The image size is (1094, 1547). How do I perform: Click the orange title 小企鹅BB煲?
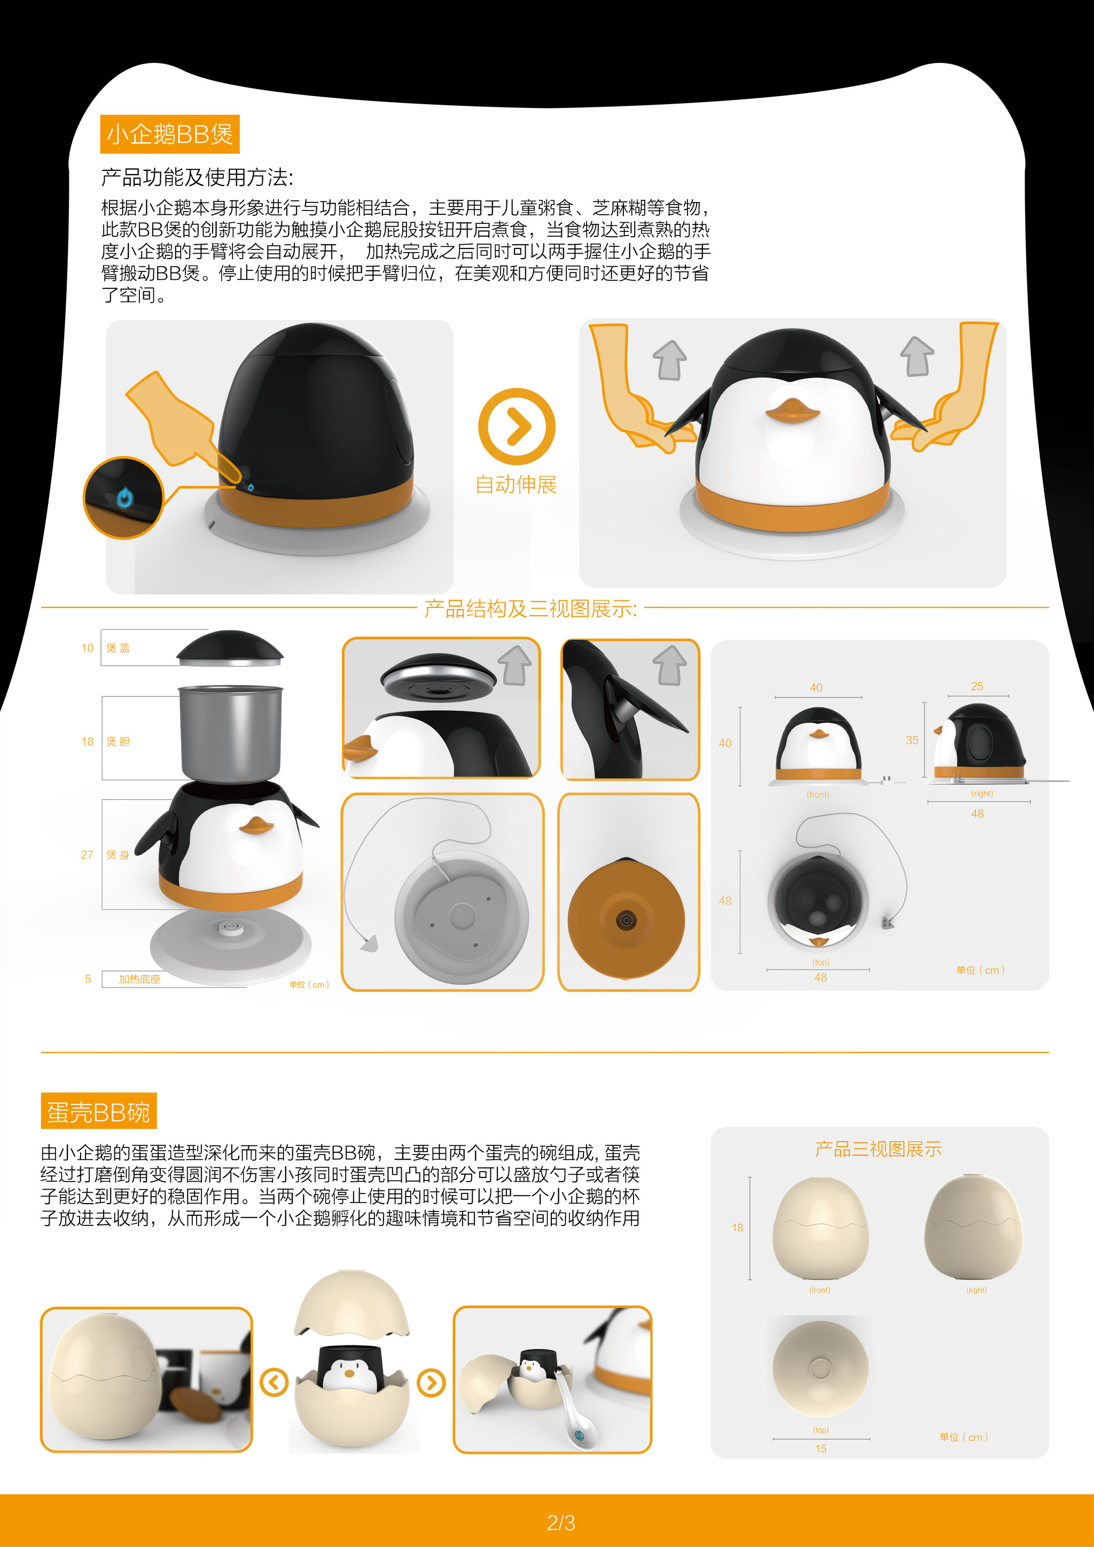pos(170,134)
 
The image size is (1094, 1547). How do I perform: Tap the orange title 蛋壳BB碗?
pos(98,1112)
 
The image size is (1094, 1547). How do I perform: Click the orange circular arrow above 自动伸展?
pos(517,426)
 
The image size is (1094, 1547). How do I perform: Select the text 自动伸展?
pos(516,485)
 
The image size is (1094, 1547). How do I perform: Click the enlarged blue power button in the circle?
pos(124,498)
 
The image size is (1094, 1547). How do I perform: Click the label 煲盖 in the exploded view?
pos(118,647)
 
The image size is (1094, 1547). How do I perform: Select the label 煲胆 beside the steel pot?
pos(118,741)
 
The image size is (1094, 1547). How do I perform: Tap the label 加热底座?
pos(139,979)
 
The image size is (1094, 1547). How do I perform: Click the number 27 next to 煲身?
pos(87,854)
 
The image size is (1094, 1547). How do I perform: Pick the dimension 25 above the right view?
pos(977,686)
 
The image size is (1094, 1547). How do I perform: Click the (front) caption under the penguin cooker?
pos(818,794)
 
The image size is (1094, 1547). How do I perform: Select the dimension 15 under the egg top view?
pos(820,1449)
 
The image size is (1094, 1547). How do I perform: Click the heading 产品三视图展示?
pos(878,1149)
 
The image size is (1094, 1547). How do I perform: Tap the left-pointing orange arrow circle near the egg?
pos(273,1382)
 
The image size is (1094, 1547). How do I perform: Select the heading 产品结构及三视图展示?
pos(530,608)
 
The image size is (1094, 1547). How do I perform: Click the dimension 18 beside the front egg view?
pos(738,1228)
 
